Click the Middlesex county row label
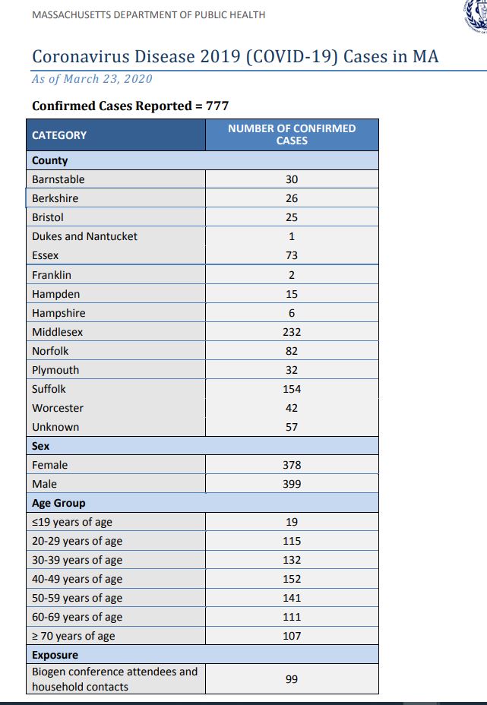click(x=58, y=332)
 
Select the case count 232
click(x=292, y=332)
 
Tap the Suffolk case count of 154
click(x=292, y=389)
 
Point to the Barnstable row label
click(x=59, y=179)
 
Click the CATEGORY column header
click(x=59, y=135)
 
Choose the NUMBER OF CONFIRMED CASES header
click(x=292, y=134)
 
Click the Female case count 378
click(x=292, y=465)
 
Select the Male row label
click(x=44, y=484)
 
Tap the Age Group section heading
click(x=59, y=503)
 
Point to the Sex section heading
click(x=41, y=446)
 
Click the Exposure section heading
click(x=55, y=655)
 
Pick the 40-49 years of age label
click(x=77, y=579)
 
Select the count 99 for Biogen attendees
click(x=292, y=679)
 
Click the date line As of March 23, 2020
click(x=92, y=79)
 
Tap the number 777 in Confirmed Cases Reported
click(x=217, y=106)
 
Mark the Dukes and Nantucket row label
click(x=84, y=236)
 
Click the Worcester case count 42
click(x=292, y=408)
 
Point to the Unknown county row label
click(x=55, y=427)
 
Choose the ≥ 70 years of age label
click(x=74, y=636)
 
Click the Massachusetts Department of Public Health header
click(x=149, y=15)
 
